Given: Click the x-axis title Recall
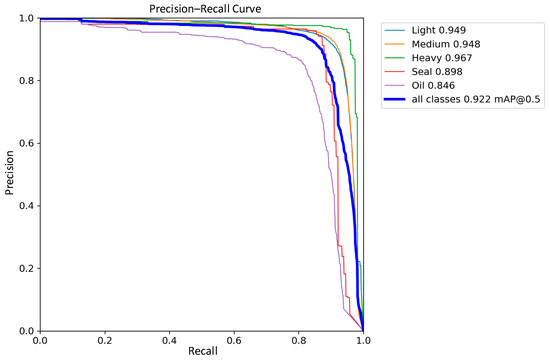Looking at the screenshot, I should pyautogui.click(x=200, y=352).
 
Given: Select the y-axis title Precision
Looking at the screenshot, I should pyautogui.click(x=9, y=175).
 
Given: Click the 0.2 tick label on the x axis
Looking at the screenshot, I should pyautogui.click(x=104, y=340).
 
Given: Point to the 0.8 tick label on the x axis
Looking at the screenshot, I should pyautogui.click(x=298, y=340).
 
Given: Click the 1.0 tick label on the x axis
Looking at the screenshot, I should pyautogui.click(x=362, y=340).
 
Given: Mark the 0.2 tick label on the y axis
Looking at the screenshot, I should pyautogui.click(x=25, y=268).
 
